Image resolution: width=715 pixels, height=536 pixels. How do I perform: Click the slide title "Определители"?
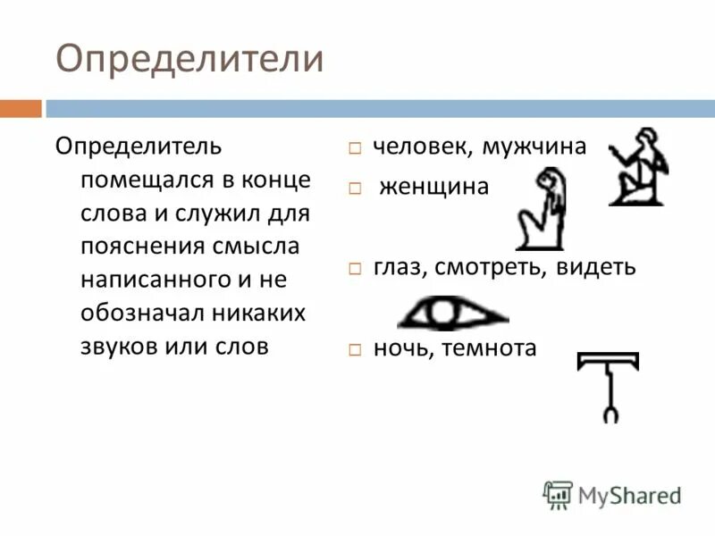point(189,60)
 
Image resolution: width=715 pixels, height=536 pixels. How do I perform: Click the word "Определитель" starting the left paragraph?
point(139,146)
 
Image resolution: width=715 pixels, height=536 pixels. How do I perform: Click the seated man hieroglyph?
point(638,166)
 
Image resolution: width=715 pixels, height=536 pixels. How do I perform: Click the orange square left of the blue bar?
point(21,108)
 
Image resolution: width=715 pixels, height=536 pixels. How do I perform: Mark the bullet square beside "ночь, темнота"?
point(355,349)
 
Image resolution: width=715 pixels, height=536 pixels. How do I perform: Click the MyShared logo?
point(612,494)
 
